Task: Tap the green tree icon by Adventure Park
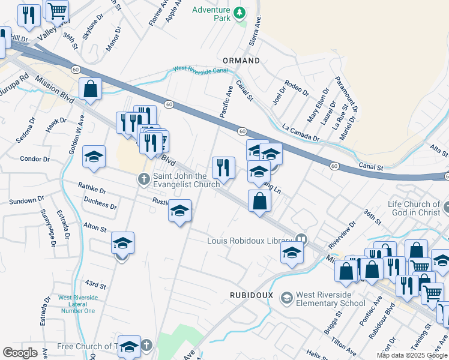pyautogui.click(x=240, y=12)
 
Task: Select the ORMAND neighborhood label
pyautogui.click(x=241, y=61)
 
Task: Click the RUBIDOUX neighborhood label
pyautogui.click(x=252, y=295)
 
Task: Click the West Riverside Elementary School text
pyautogui.click(x=331, y=299)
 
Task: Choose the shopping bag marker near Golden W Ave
pyautogui.click(x=90, y=89)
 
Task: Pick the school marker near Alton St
pyautogui.click(x=122, y=243)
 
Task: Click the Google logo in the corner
pyautogui.click(x=20, y=353)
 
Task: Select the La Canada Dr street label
pyautogui.click(x=300, y=133)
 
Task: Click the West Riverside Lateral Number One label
pyautogui.click(x=77, y=304)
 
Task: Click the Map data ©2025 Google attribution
pyautogui.click(x=412, y=355)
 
